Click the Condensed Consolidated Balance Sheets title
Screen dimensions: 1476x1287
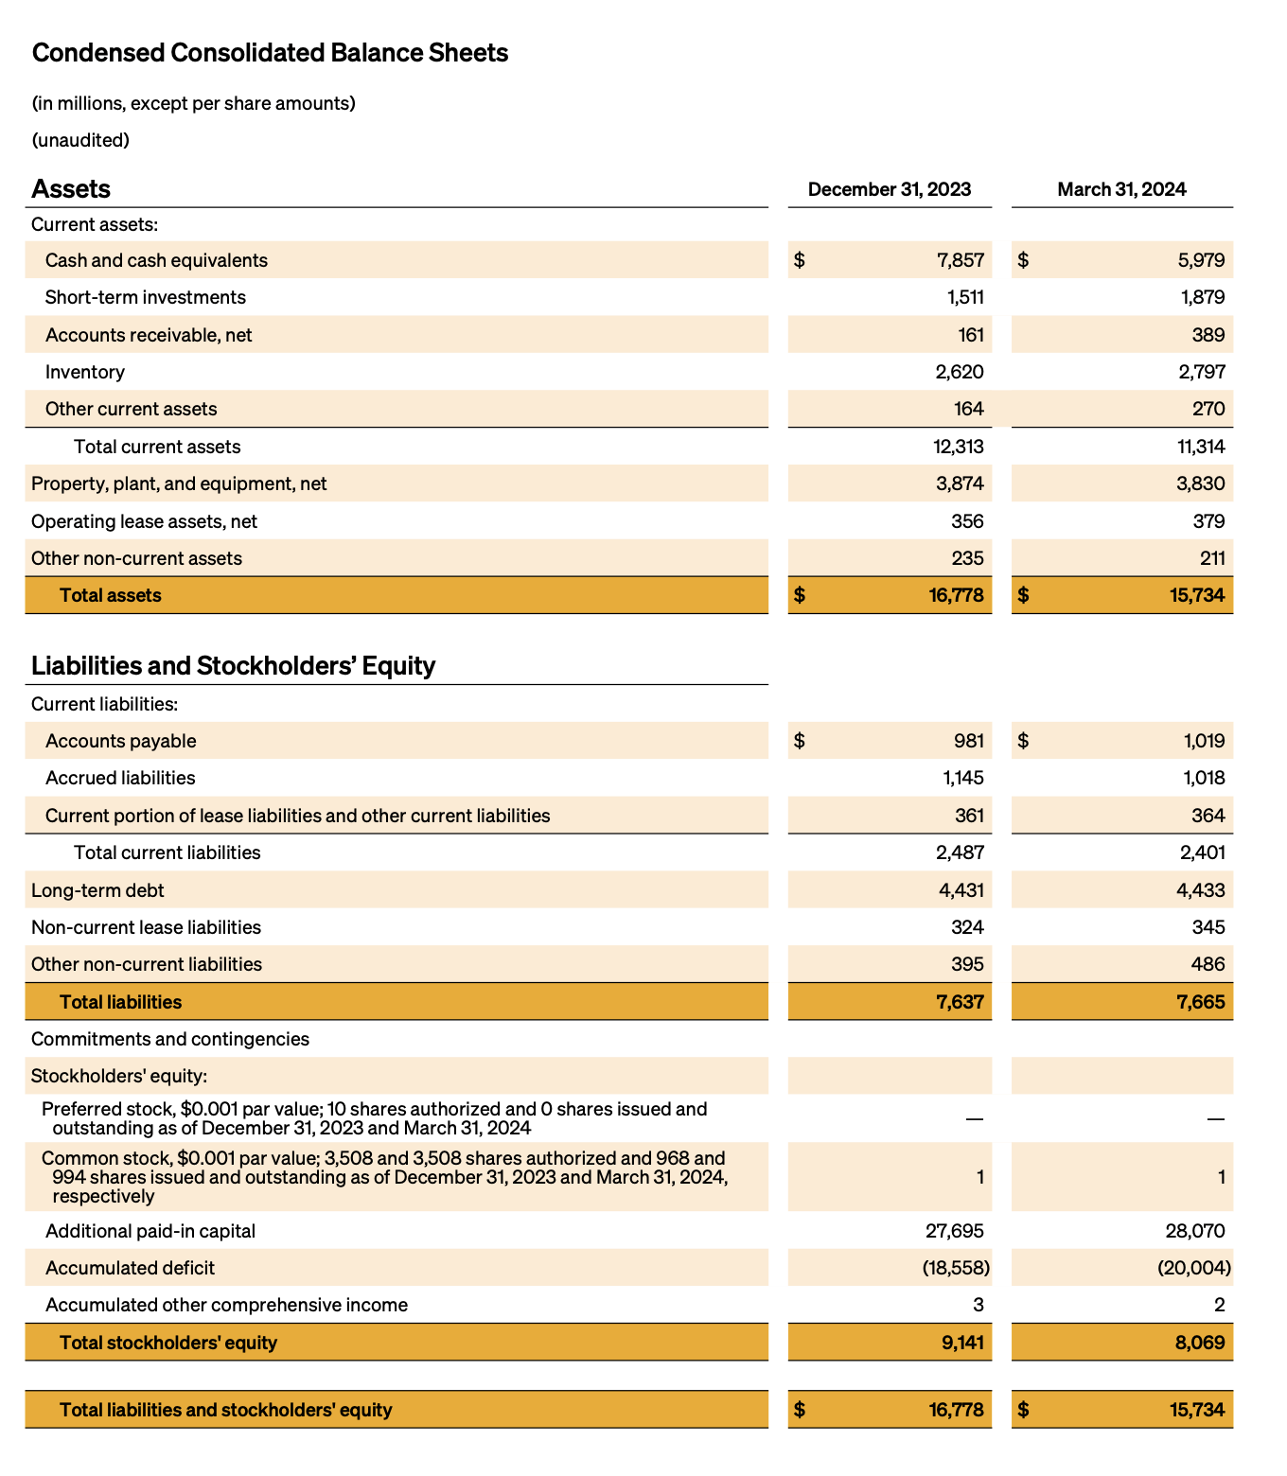coord(270,53)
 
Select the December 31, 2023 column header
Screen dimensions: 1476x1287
coord(889,189)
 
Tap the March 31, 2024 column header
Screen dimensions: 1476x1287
coord(1121,189)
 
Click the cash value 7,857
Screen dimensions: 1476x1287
coord(960,260)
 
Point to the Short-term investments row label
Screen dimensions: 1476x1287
coord(145,297)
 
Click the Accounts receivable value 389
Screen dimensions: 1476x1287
coord(1208,335)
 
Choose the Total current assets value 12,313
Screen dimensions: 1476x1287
coord(958,447)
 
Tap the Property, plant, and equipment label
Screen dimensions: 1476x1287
coord(179,483)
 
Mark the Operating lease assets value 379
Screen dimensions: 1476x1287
coord(1208,521)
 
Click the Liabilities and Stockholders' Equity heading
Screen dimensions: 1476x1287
coord(233,666)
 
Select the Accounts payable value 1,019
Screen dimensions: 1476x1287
coord(1204,741)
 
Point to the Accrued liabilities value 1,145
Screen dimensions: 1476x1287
coord(962,778)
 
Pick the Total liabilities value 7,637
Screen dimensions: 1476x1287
coord(960,1002)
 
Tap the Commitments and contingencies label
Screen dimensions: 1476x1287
coord(170,1039)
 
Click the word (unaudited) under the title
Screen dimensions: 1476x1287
coord(80,140)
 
